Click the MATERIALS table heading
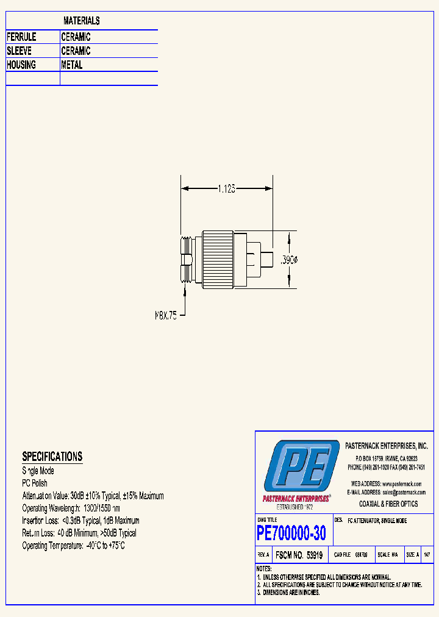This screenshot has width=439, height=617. (82, 21)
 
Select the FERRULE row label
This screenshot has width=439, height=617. (21, 37)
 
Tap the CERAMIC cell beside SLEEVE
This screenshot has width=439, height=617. (76, 51)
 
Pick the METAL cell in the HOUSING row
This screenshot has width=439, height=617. (72, 65)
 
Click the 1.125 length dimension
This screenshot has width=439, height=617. (226, 189)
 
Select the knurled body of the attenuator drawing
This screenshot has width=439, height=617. (218, 260)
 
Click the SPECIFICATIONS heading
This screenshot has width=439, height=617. (52, 457)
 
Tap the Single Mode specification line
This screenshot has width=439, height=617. (38, 471)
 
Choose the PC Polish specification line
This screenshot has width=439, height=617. (35, 483)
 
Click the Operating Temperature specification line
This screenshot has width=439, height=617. (74, 546)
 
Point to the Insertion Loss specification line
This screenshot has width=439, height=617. (81, 521)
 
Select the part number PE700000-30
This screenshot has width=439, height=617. (291, 533)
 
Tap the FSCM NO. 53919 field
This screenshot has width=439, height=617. (299, 555)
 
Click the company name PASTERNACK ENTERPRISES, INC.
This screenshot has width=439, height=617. (387, 446)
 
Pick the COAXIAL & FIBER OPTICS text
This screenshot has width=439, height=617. (388, 504)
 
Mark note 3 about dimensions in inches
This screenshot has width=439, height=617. (288, 592)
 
